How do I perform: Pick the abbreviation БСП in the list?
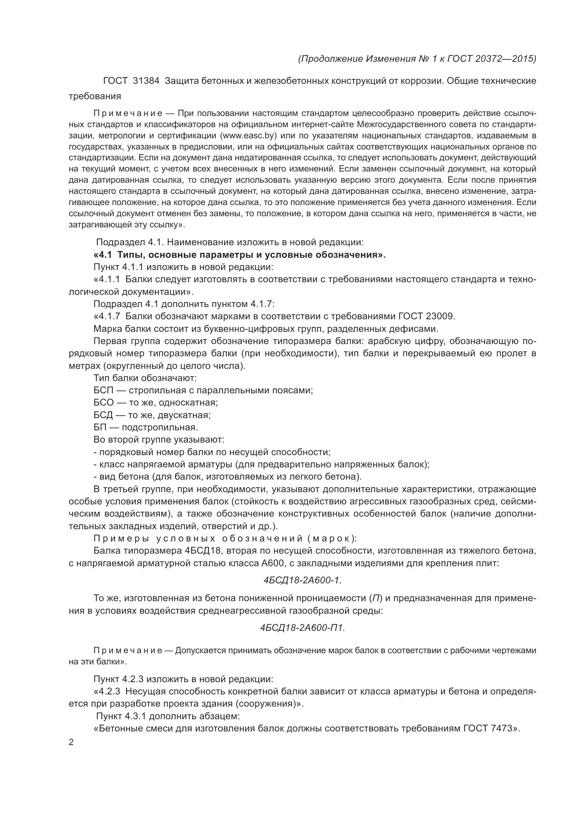pos(103,391)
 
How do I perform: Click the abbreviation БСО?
pos(103,402)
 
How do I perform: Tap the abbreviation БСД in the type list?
pos(103,415)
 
